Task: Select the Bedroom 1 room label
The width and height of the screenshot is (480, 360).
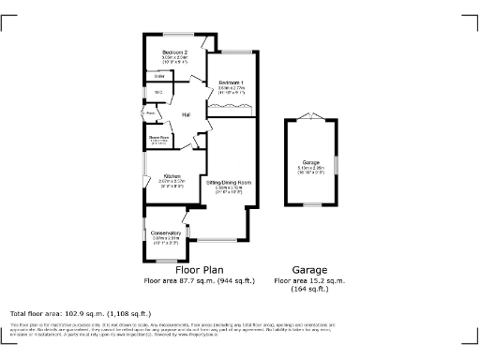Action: point(231,84)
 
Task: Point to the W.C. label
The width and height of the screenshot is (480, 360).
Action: point(157,92)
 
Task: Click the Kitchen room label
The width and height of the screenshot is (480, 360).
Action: point(172,176)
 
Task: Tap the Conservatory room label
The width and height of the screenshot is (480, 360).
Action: point(166,232)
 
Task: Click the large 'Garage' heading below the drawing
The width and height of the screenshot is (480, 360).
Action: point(309,269)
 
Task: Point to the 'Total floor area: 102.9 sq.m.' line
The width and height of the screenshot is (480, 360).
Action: point(80,313)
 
